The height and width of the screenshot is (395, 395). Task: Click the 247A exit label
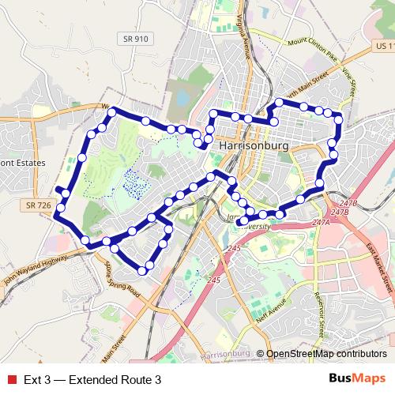coord(321,224)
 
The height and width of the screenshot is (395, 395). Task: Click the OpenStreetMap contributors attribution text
coord(326,354)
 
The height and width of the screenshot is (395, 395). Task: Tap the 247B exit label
coord(340,212)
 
